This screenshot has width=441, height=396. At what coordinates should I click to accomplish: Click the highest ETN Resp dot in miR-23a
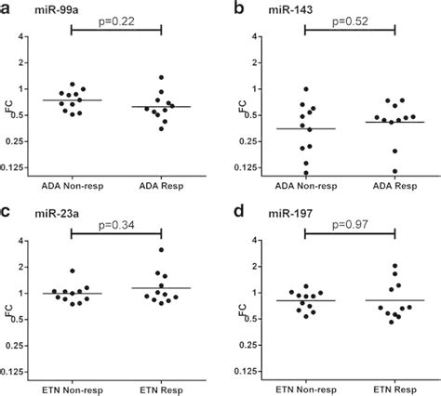tap(162, 250)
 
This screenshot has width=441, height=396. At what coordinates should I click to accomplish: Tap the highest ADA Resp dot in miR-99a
tap(162, 78)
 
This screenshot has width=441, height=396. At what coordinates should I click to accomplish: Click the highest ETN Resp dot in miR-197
tap(395, 266)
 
